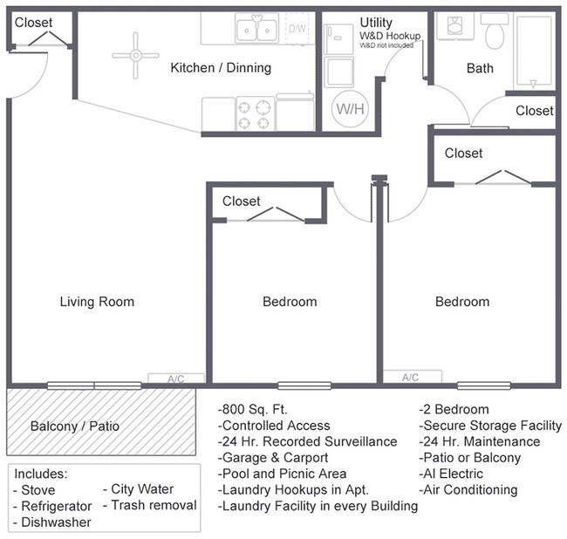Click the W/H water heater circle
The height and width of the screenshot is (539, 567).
point(347,109)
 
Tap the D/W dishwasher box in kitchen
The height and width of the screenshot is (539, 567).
point(297,29)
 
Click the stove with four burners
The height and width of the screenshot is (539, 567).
point(255,113)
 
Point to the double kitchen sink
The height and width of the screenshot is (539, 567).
point(257,29)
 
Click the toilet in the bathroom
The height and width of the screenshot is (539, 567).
point(495,32)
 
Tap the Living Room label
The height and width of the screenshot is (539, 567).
point(97,302)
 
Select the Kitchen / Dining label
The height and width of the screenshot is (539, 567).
point(221,67)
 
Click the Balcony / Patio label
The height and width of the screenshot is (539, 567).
point(74,426)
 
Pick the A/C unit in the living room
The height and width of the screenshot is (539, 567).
point(175,379)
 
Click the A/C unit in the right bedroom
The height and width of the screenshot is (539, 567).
point(410,378)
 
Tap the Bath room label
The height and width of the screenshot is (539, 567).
point(480,68)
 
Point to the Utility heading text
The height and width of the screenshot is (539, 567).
point(376,23)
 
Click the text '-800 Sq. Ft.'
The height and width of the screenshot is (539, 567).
point(252,409)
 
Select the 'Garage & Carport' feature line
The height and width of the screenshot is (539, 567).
point(273,457)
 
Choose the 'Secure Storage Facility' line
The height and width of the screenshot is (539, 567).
point(491,425)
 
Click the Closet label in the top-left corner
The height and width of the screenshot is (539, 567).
point(34,22)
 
